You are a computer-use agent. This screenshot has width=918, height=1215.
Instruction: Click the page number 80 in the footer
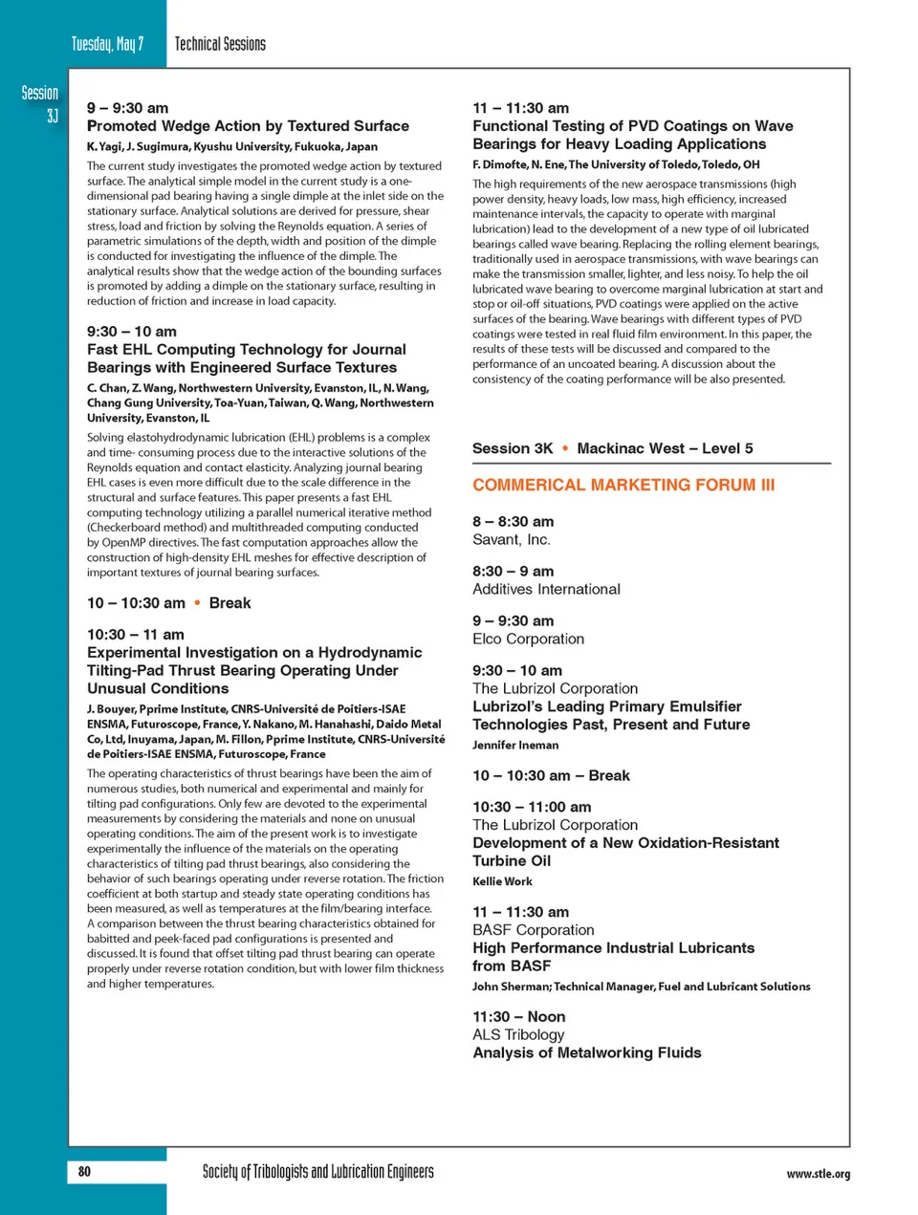point(84,1171)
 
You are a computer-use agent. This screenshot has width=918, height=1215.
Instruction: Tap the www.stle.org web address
point(818,1174)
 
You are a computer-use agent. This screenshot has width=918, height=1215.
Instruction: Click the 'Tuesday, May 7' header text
point(107,44)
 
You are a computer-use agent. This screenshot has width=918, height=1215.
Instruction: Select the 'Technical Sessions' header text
point(220,44)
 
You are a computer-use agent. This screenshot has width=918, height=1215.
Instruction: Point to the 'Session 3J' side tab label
point(40,103)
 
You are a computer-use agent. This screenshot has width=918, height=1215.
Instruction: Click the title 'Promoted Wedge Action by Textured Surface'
point(248,126)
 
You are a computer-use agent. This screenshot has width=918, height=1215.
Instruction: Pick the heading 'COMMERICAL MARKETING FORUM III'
point(623,485)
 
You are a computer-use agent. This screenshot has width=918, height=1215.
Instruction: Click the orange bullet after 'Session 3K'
point(565,448)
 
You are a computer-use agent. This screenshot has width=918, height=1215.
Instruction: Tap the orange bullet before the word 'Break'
point(197,603)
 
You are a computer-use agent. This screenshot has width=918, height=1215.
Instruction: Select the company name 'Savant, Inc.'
point(512,540)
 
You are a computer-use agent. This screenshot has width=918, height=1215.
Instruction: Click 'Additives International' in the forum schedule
point(546,590)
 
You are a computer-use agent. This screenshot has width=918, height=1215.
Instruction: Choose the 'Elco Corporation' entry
point(528,640)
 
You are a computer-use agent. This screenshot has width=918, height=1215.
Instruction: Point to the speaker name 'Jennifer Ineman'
point(515,746)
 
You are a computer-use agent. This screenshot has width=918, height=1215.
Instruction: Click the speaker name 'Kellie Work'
point(502,881)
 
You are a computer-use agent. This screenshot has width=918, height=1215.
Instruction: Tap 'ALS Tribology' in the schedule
point(518,1034)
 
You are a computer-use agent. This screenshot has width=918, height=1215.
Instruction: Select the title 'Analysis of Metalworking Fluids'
point(586,1052)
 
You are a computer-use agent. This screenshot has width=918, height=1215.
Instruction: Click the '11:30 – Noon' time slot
point(518,1016)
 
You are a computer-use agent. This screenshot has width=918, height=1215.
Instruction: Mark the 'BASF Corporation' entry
point(533,930)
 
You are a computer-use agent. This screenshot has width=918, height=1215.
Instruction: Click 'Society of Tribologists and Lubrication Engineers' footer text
point(317,1172)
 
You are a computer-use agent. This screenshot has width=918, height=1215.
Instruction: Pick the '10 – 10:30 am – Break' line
point(551,775)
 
